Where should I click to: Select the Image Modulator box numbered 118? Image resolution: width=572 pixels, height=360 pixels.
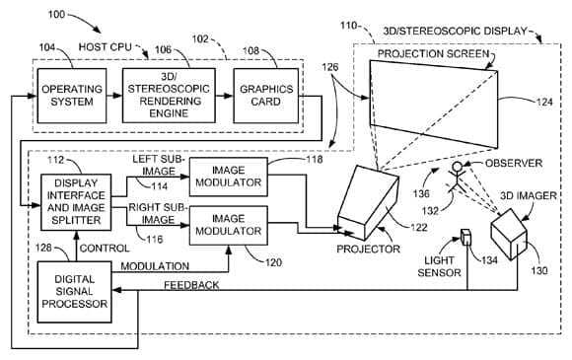point(228,175)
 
